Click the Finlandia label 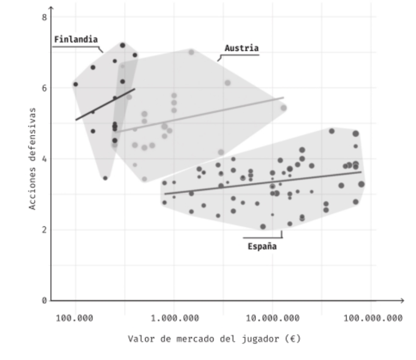pyautogui.click(x=75, y=39)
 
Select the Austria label pyautogui.click(x=241, y=48)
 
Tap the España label pyautogui.click(x=262, y=246)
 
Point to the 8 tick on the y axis pyautogui.click(x=44, y=17)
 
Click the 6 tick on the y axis pyautogui.click(x=44, y=88)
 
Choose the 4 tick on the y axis pyautogui.click(x=44, y=159)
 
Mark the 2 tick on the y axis pyautogui.click(x=44, y=230)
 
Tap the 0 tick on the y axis pyautogui.click(x=44, y=301)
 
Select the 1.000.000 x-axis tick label pyautogui.click(x=174, y=318)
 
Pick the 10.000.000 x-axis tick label pyautogui.click(x=272, y=318)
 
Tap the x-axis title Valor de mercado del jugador pyautogui.click(x=214, y=340)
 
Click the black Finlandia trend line pyautogui.click(x=105, y=104)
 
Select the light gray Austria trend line pyautogui.click(x=200, y=114)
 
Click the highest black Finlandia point pyautogui.click(x=122, y=45)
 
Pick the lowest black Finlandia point pyautogui.click(x=105, y=178)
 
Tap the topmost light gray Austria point pyautogui.click(x=191, y=52)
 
